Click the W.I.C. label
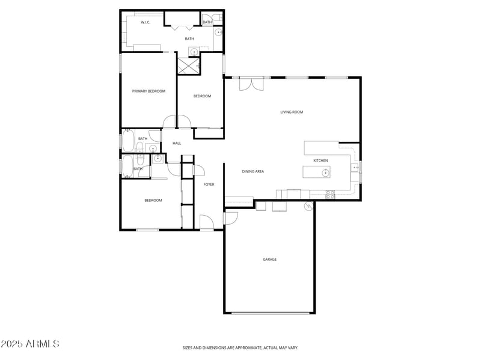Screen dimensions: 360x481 [145, 22]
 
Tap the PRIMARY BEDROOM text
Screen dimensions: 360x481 [149, 91]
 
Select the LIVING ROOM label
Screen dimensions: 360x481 [292, 112]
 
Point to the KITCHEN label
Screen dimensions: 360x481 [320, 160]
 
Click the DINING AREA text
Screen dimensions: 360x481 [253, 171]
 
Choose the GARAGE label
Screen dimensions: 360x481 [269, 260]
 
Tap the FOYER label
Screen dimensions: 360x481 [209, 185]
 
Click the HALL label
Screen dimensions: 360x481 [177, 143]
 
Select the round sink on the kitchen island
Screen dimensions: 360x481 [325, 173]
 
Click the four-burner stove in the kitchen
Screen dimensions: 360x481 [330, 194]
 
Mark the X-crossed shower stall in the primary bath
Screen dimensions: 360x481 [188, 66]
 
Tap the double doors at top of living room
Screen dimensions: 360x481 [251, 84]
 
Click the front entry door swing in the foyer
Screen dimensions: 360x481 [206, 221]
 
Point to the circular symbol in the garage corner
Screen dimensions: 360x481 [309, 207]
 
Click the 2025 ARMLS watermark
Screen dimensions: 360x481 [30, 344]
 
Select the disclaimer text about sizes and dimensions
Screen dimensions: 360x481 [240, 347]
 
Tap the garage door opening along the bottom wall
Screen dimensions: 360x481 [269, 313]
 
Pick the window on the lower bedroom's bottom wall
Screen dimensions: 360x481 [147, 230]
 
